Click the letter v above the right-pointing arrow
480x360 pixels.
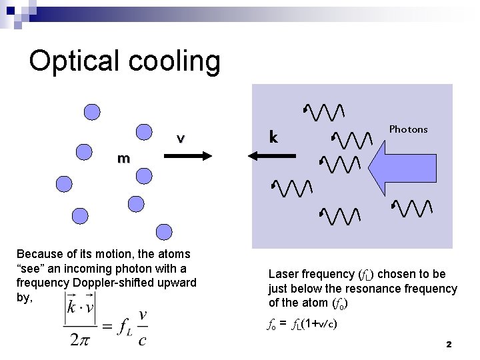coord(180,138)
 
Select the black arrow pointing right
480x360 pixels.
coord(187,155)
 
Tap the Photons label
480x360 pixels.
coord(408,129)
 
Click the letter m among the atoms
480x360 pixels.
coord(123,159)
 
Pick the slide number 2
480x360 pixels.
coord(449,345)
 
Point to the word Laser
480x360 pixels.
coord(283,274)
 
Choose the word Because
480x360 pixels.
coord(38,254)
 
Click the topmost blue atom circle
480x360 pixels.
coord(93,112)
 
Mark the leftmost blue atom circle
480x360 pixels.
coord(63,183)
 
